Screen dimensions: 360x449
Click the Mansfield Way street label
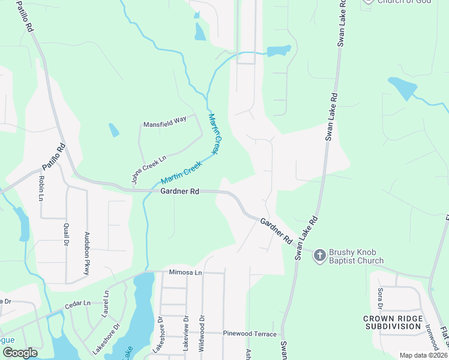(164, 124)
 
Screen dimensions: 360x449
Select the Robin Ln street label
(41, 188)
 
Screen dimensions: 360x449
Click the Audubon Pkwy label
(86, 254)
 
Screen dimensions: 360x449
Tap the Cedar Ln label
(77, 304)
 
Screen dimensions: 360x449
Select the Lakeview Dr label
(186, 332)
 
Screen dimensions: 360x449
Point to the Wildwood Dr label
(202, 334)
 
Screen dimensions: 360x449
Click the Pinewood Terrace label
(250, 334)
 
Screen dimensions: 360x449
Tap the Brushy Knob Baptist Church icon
(320, 256)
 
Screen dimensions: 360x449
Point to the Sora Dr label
(380, 298)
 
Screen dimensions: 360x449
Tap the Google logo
(20, 352)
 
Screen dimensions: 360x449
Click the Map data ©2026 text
(423, 355)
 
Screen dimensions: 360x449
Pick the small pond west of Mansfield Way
(113, 130)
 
